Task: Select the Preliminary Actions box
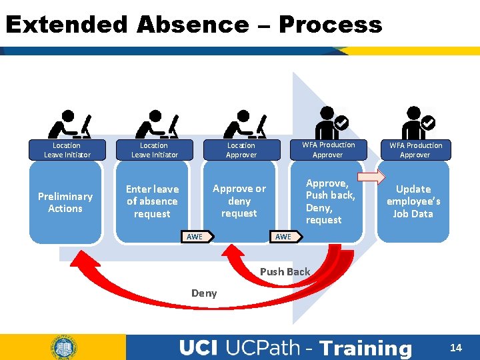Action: click(x=65, y=202)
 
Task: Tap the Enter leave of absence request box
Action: click(x=152, y=201)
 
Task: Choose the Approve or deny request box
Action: click(x=239, y=201)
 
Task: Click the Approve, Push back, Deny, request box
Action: click(x=329, y=201)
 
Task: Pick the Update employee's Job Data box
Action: click(x=413, y=201)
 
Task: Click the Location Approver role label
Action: click(x=241, y=150)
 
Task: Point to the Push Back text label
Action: click(x=285, y=271)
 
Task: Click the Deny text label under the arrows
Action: click(x=204, y=293)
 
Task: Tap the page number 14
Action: click(x=456, y=347)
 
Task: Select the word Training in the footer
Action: click(x=366, y=348)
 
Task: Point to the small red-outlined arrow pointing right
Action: click(x=371, y=177)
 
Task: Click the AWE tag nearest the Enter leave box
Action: click(x=197, y=237)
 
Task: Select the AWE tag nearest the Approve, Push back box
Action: click(x=285, y=237)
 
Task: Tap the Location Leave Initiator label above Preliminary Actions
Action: click(x=67, y=150)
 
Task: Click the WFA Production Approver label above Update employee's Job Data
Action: click(x=415, y=150)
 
